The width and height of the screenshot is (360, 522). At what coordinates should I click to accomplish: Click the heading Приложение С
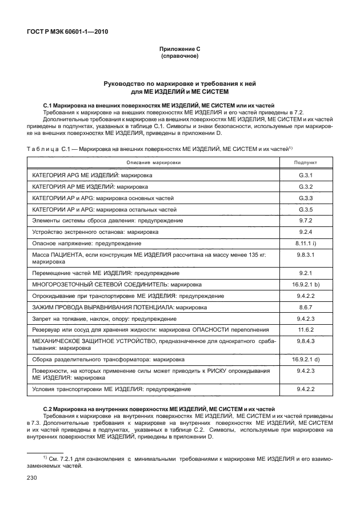(x=179, y=50)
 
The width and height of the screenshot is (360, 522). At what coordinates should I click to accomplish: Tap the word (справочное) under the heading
(x=179, y=57)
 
